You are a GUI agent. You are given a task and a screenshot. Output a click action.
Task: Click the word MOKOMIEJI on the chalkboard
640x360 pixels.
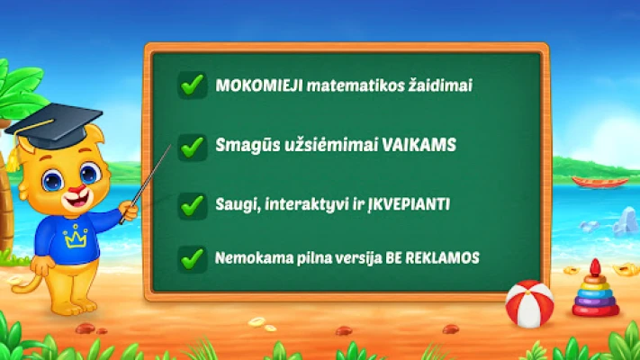tap(259, 85)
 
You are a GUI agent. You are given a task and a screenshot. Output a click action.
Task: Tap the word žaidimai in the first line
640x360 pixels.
tap(441, 85)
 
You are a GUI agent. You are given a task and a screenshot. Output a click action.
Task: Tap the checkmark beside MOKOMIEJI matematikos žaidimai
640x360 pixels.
tap(193, 85)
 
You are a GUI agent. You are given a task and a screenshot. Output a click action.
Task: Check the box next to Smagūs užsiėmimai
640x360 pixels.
tap(193, 147)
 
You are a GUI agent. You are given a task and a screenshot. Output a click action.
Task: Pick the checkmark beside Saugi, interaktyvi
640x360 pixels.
tap(193, 206)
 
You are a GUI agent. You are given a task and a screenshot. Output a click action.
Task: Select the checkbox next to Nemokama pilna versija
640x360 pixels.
tap(193, 259)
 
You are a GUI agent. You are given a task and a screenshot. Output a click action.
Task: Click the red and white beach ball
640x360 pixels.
tap(529, 303)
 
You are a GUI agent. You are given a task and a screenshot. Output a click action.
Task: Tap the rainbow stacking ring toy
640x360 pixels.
tap(596, 289)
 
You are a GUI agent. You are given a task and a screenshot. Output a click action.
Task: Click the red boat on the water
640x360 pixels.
tap(600, 182)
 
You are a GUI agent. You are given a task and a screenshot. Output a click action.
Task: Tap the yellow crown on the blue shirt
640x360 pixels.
tap(76, 236)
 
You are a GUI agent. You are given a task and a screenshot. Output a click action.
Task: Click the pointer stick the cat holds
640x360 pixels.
tap(146, 184)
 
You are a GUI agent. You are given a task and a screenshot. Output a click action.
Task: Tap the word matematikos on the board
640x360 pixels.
tap(356, 85)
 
